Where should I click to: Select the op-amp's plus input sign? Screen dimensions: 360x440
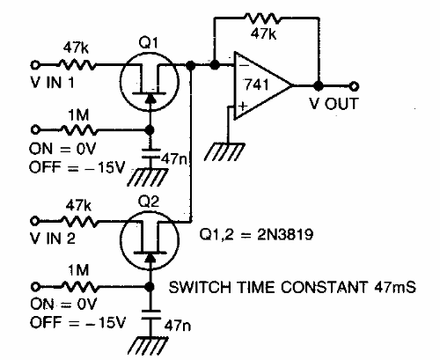coord(240,105)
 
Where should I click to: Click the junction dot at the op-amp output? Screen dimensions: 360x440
coord(318,85)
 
